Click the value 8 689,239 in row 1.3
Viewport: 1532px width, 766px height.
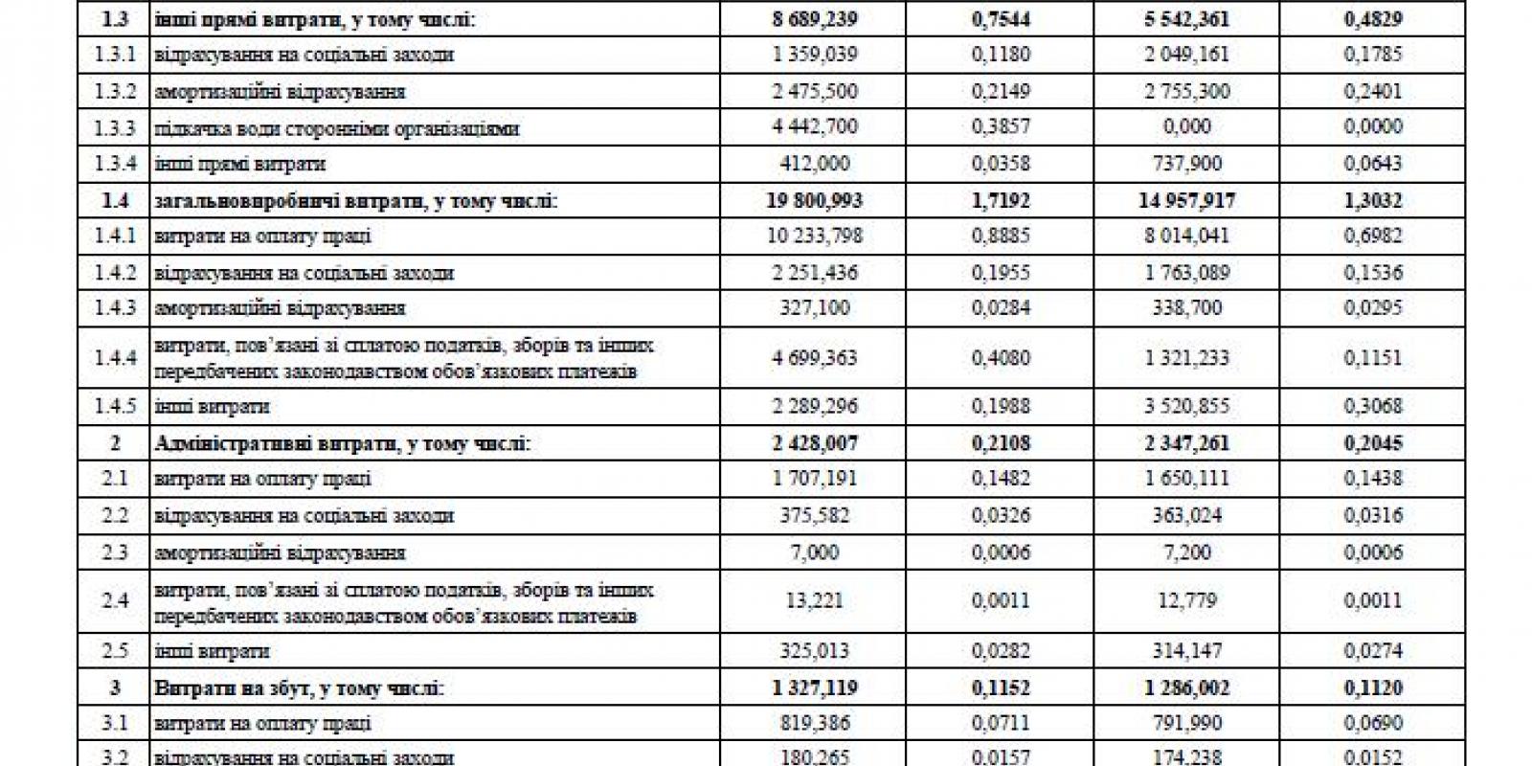pos(814,19)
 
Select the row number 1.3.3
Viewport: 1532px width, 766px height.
pos(115,127)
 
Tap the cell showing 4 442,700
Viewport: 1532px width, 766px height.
pos(814,127)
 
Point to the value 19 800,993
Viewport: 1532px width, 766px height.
pos(814,201)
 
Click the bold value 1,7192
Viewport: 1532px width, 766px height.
pos(1001,201)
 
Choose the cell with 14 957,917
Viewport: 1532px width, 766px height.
pos(1186,201)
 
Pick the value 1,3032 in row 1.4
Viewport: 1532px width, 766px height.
pos(1372,201)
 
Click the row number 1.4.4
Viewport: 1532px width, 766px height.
pos(115,358)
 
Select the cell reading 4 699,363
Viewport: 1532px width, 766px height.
pos(814,358)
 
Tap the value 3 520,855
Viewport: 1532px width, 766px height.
pos(1186,406)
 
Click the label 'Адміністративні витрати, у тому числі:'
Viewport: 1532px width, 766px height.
pos(342,443)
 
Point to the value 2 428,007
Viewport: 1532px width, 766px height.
pos(814,443)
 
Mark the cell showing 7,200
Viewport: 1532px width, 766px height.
pos(1186,552)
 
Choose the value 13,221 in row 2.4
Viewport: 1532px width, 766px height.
pos(814,600)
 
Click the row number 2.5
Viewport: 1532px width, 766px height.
pos(115,651)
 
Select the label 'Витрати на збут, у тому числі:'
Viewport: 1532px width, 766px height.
pos(299,688)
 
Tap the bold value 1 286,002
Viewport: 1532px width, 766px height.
pos(1186,688)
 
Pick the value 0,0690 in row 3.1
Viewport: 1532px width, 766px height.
pos(1372,723)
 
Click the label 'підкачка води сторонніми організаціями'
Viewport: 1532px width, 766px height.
pos(336,128)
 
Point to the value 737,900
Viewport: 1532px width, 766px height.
pos(1186,164)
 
